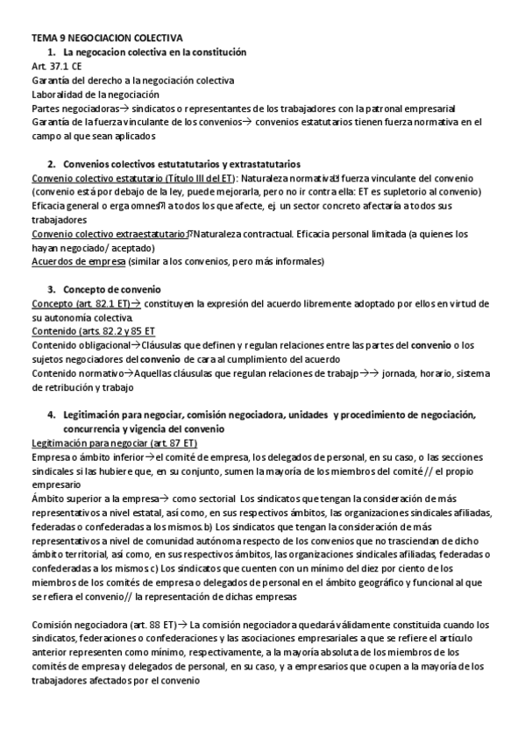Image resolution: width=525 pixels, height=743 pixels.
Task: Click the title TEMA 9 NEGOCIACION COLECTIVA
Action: [107, 39]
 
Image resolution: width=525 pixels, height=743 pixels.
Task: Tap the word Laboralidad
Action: [61, 94]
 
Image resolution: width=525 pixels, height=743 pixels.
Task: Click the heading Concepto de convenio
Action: [111, 289]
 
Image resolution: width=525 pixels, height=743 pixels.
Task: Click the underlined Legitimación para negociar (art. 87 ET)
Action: [114, 443]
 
